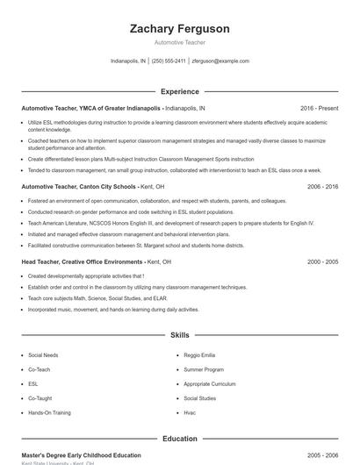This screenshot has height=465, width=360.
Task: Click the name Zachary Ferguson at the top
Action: click(179, 29)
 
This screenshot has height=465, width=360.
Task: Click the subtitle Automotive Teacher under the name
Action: click(179, 44)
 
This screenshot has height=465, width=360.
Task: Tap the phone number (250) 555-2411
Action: click(169, 61)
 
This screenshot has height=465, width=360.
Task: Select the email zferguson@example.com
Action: click(220, 61)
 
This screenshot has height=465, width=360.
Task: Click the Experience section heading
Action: click(179, 91)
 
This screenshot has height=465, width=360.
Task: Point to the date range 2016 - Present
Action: click(319, 108)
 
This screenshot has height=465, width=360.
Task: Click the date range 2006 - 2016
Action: click(322, 187)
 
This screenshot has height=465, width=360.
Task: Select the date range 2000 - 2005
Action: click(322, 261)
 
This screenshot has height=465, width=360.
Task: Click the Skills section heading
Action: click(179, 335)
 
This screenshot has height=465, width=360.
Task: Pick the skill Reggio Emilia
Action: click(199, 354)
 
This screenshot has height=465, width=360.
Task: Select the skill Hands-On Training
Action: click(50, 411)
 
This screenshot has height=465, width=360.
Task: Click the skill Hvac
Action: click(190, 411)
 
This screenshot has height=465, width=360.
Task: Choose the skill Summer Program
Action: click(204, 369)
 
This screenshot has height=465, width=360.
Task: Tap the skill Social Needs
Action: click(44, 354)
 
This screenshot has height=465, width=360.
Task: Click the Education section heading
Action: click(179, 438)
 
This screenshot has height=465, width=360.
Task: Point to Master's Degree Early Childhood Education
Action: click(81, 455)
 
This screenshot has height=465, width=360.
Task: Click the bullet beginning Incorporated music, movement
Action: click(101, 309)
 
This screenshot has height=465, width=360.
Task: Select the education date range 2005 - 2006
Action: click(322, 455)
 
